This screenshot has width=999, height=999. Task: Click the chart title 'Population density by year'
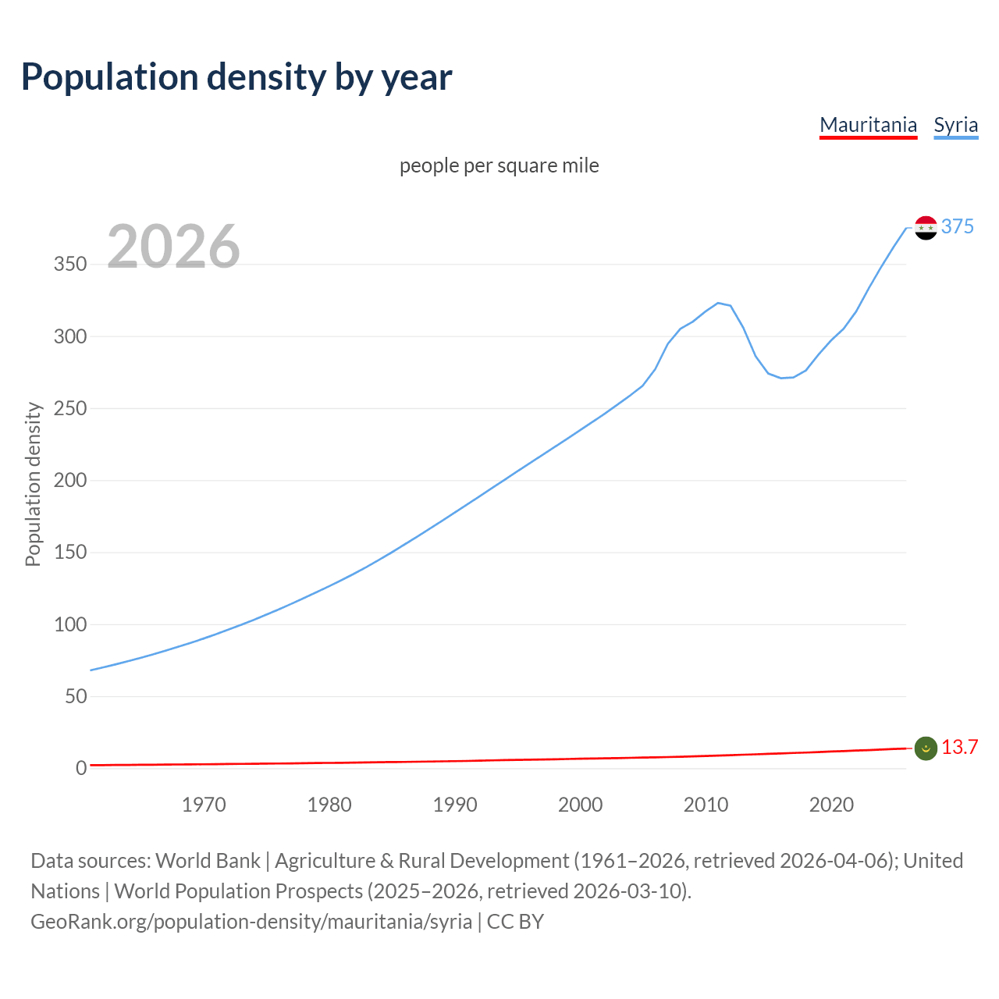pyautogui.click(x=236, y=77)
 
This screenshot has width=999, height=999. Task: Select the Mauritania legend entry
pyautogui.click(x=868, y=125)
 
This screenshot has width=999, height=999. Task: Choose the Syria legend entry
pyautogui.click(x=955, y=125)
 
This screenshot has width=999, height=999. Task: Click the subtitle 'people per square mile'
pyautogui.click(x=499, y=165)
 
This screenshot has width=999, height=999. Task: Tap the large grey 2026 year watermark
pyautogui.click(x=173, y=247)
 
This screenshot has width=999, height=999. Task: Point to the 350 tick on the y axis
pyautogui.click(x=70, y=265)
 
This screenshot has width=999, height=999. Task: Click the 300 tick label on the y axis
pyautogui.click(x=70, y=336)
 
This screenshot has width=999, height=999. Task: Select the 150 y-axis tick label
pyautogui.click(x=70, y=553)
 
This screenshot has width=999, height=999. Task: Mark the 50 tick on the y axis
pyautogui.click(x=76, y=696)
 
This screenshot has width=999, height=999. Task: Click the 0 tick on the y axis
pyautogui.click(x=81, y=768)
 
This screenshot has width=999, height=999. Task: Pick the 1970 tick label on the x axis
pyautogui.click(x=204, y=805)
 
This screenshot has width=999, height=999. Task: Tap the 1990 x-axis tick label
pyautogui.click(x=455, y=805)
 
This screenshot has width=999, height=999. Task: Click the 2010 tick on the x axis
pyautogui.click(x=706, y=805)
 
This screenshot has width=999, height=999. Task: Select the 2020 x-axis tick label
pyautogui.click(x=831, y=805)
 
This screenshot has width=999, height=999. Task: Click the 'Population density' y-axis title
pyautogui.click(x=33, y=484)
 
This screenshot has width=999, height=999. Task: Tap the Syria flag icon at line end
pyautogui.click(x=926, y=228)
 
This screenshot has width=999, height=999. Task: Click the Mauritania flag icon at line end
pyautogui.click(x=926, y=748)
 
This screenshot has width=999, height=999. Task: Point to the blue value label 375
pyautogui.click(x=958, y=226)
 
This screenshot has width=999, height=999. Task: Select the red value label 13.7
pyautogui.click(x=959, y=747)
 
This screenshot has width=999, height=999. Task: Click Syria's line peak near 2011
pyautogui.click(x=718, y=303)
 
